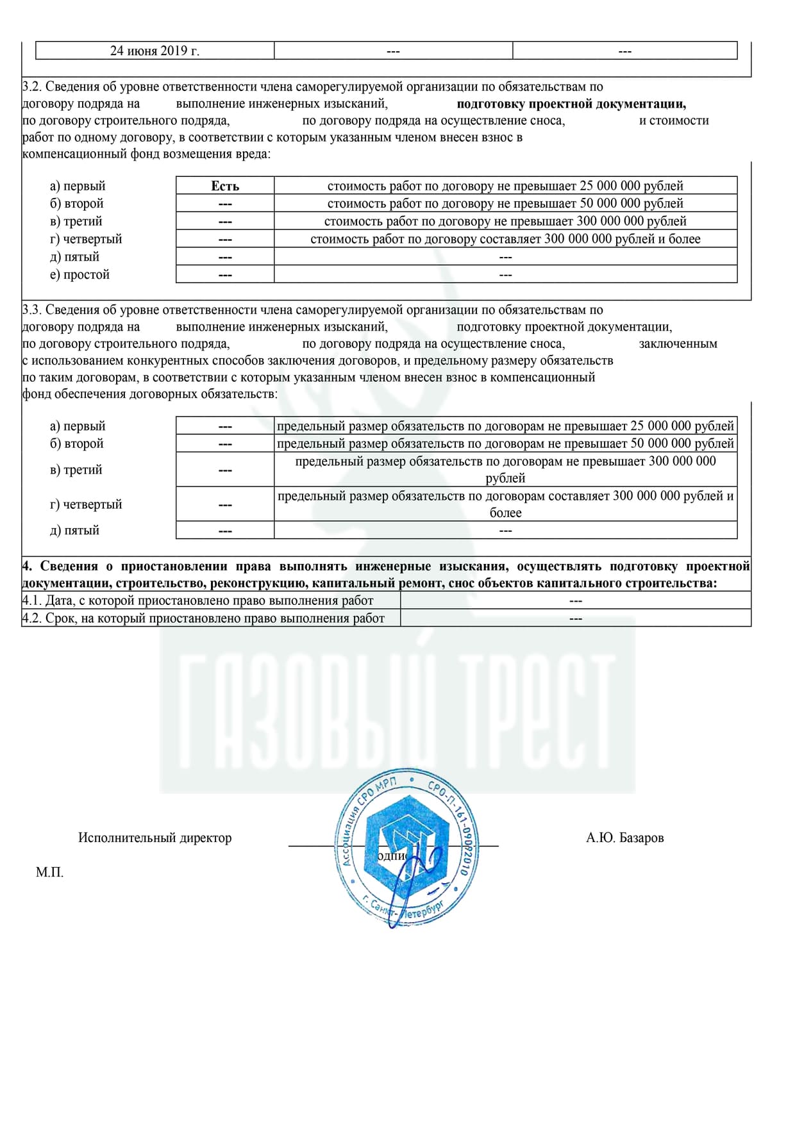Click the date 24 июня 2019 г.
(155, 51)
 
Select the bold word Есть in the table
(225, 186)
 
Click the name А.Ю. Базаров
(624, 838)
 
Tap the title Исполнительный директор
(155, 838)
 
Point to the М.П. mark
(49, 872)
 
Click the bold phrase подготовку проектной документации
(571, 104)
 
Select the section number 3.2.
(31, 87)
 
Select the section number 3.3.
(31, 310)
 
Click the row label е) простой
(80, 275)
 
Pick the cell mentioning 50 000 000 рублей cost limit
(505, 204)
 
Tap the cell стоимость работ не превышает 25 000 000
(505, 186)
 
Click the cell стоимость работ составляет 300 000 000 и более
(505, 239)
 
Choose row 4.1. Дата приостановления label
(197, 600)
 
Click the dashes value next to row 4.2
(575, 618)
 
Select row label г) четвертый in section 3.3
(86, 504)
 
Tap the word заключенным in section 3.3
(678, 344)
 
